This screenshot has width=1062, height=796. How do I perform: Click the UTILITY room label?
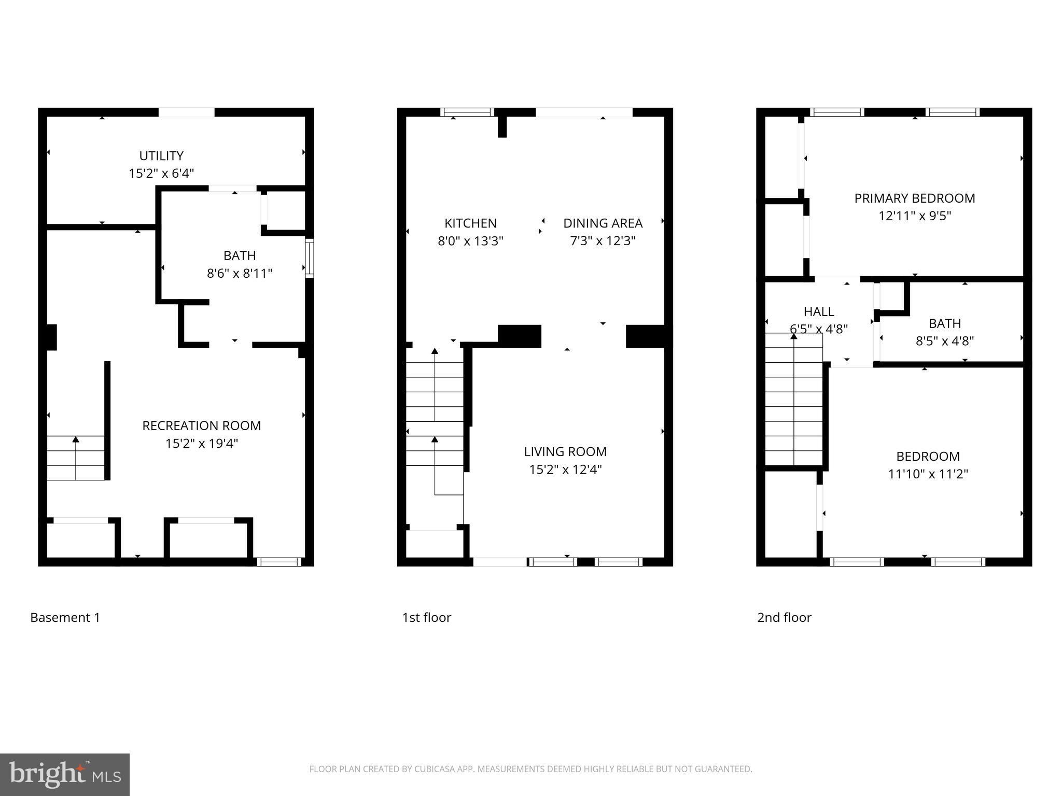point(161,155)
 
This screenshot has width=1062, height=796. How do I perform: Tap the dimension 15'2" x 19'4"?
point(202,443)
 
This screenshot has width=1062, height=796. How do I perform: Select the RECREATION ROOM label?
point(202,425)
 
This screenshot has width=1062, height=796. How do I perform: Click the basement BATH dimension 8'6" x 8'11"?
point(240,273)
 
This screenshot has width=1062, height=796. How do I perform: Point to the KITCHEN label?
point(470,223)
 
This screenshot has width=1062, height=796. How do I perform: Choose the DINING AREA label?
point(603,223)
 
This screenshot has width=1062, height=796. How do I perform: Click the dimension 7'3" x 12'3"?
point(603,240)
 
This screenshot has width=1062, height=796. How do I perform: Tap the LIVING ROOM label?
point(565,451)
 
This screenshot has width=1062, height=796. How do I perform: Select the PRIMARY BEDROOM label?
point(915,198)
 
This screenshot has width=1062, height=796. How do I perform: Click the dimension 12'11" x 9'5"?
point(915,216)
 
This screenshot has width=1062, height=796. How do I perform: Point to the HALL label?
point(819,311)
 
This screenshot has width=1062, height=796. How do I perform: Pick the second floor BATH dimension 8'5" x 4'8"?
point(944,340)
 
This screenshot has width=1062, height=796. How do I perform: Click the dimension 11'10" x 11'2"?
point(928,474)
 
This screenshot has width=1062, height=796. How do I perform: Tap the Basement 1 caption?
point(65,617)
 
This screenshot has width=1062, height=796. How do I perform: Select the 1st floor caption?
point(426,617)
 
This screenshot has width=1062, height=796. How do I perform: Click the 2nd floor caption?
point(784,617)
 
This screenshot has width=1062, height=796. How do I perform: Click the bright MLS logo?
point(65,774)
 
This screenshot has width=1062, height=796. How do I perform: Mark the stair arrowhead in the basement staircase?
point(76,439)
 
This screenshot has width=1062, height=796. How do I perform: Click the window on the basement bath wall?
point(309,258)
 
